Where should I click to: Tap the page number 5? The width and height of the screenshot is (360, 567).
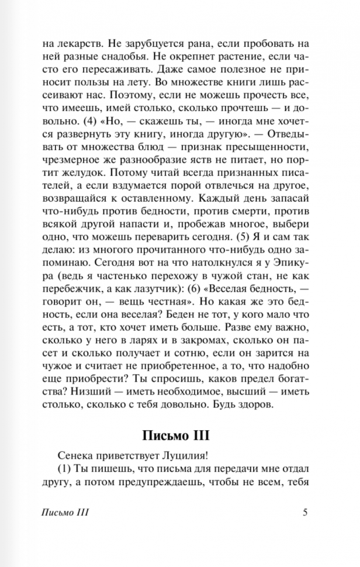click(304, 513)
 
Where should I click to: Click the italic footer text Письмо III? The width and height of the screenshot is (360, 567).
click(65, 513)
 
